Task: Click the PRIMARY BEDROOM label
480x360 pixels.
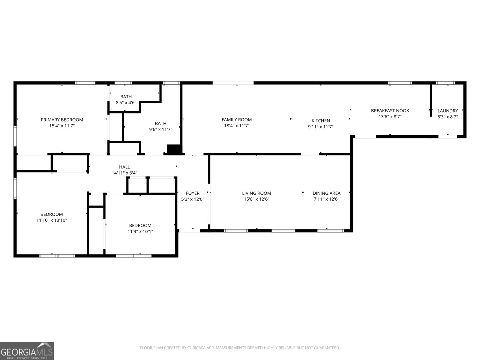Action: pyautogui.click(x=62, y=120)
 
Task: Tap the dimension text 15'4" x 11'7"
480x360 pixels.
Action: pyautogui.click(x=62, y=126)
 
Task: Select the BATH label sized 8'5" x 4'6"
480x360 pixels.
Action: pyautogui.click(x=126, y=97)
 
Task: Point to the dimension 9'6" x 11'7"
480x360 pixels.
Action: pyautogui.click(x=160, y=129)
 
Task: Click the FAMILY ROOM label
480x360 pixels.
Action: pyautogui.click(x=237, y=120)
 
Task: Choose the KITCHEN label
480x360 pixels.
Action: pyautogui.click(x=321, y=121)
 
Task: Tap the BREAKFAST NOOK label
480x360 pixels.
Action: pyautogui.click(x=390, y=111)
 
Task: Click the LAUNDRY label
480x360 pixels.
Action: pyautogui.click(x=447, y=111)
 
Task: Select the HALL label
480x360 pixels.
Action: pyautogui.click(x=124, y=167)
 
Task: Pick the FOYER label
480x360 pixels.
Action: pyautogui.click(x=193, y=193)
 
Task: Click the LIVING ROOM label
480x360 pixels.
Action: pyautogui.click(x=256, y=193)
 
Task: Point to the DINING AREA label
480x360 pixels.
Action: pyautogui.click(x=326, y=193)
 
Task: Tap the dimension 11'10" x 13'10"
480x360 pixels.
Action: pyautogui.click(x=52, y=220)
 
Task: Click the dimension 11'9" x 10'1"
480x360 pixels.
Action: pyautogui.click(x=140, y=231)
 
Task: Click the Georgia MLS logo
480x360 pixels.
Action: pyautogui.click(x=27, y=351)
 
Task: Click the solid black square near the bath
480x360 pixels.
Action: pyautogui.click(x=174, y=149)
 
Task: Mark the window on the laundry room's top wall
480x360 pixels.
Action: pyautogui.click(x=445, y=83)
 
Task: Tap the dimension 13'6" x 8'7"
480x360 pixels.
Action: pyautogui.click(x=390, y=117)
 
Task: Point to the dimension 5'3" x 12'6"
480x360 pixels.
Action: pyautogui.click(x=193, y=199)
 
